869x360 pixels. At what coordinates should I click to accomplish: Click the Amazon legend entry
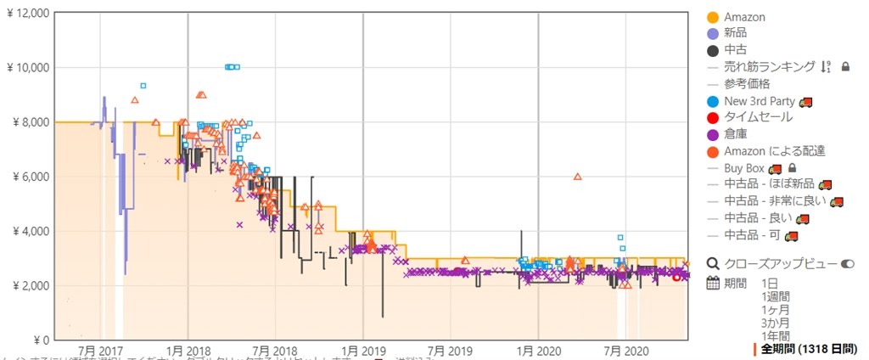(x=744, y=17)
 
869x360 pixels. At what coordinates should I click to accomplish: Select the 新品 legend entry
(x=736, y=34)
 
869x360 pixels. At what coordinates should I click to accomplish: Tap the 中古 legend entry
(x=736, y=50)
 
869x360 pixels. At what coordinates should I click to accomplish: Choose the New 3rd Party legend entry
(x=760, y=101)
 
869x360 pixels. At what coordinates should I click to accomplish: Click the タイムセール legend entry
(x=758, y=117)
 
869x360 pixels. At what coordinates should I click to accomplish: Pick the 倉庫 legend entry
(x=736, y=134)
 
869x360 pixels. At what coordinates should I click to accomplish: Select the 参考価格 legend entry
(x=747, y=84)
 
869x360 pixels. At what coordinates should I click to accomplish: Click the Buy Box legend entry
(x=744, y=168)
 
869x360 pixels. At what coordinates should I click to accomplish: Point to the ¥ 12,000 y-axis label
(x=27, y=13)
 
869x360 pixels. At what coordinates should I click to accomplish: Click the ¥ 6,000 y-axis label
(x=31, y=177)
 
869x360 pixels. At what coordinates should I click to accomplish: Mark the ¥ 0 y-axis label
(x=39, y=340)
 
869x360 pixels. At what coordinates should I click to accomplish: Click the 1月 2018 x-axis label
(x=188, y=351)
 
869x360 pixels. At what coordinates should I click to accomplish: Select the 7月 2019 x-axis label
(x=449, y=351)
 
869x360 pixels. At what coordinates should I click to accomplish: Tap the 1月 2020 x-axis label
(x=537, y=351)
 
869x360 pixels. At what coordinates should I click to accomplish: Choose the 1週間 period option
(x=776, y=295)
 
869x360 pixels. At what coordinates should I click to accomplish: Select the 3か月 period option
(x=775, y=323)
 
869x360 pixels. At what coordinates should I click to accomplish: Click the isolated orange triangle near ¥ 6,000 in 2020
(x=577, y=177)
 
